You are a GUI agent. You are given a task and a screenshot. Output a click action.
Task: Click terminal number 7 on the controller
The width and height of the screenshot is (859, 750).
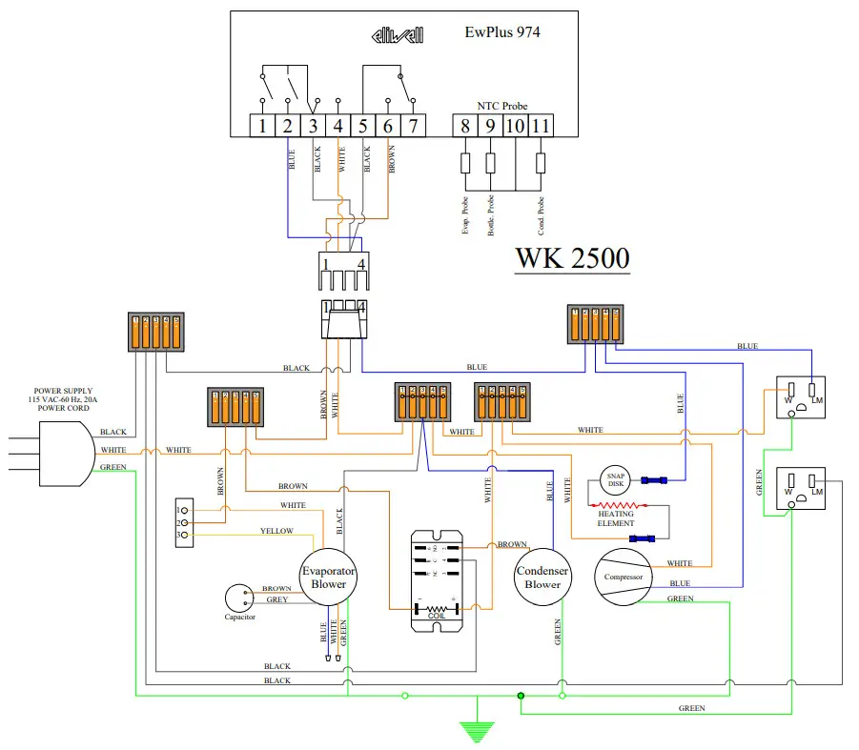[413, 126]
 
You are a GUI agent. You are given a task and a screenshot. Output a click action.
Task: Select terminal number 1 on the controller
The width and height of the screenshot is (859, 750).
[261, 126]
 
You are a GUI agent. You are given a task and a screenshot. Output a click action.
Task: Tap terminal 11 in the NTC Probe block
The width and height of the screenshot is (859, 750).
[541, 126]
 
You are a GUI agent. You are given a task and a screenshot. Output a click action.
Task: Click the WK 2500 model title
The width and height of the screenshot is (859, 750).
[572, 258]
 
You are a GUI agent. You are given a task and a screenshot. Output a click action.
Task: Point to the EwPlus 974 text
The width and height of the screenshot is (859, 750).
[501, 32]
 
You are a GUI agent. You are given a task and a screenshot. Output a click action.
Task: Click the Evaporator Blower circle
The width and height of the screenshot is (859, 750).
[329, 578]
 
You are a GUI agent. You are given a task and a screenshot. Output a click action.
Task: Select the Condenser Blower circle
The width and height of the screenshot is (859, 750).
[542, 578]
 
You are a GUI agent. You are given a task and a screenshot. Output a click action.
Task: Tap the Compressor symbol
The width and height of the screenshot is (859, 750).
[621, 578]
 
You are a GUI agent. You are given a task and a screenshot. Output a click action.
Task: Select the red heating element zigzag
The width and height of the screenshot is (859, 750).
[615, 504]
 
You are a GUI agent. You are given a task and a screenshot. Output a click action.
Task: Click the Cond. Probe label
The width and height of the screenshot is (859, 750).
[541, 215]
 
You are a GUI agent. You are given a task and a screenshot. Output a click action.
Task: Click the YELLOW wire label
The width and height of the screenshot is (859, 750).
[276, 531]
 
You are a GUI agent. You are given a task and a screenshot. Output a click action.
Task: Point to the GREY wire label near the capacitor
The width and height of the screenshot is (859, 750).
[276, 599]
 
